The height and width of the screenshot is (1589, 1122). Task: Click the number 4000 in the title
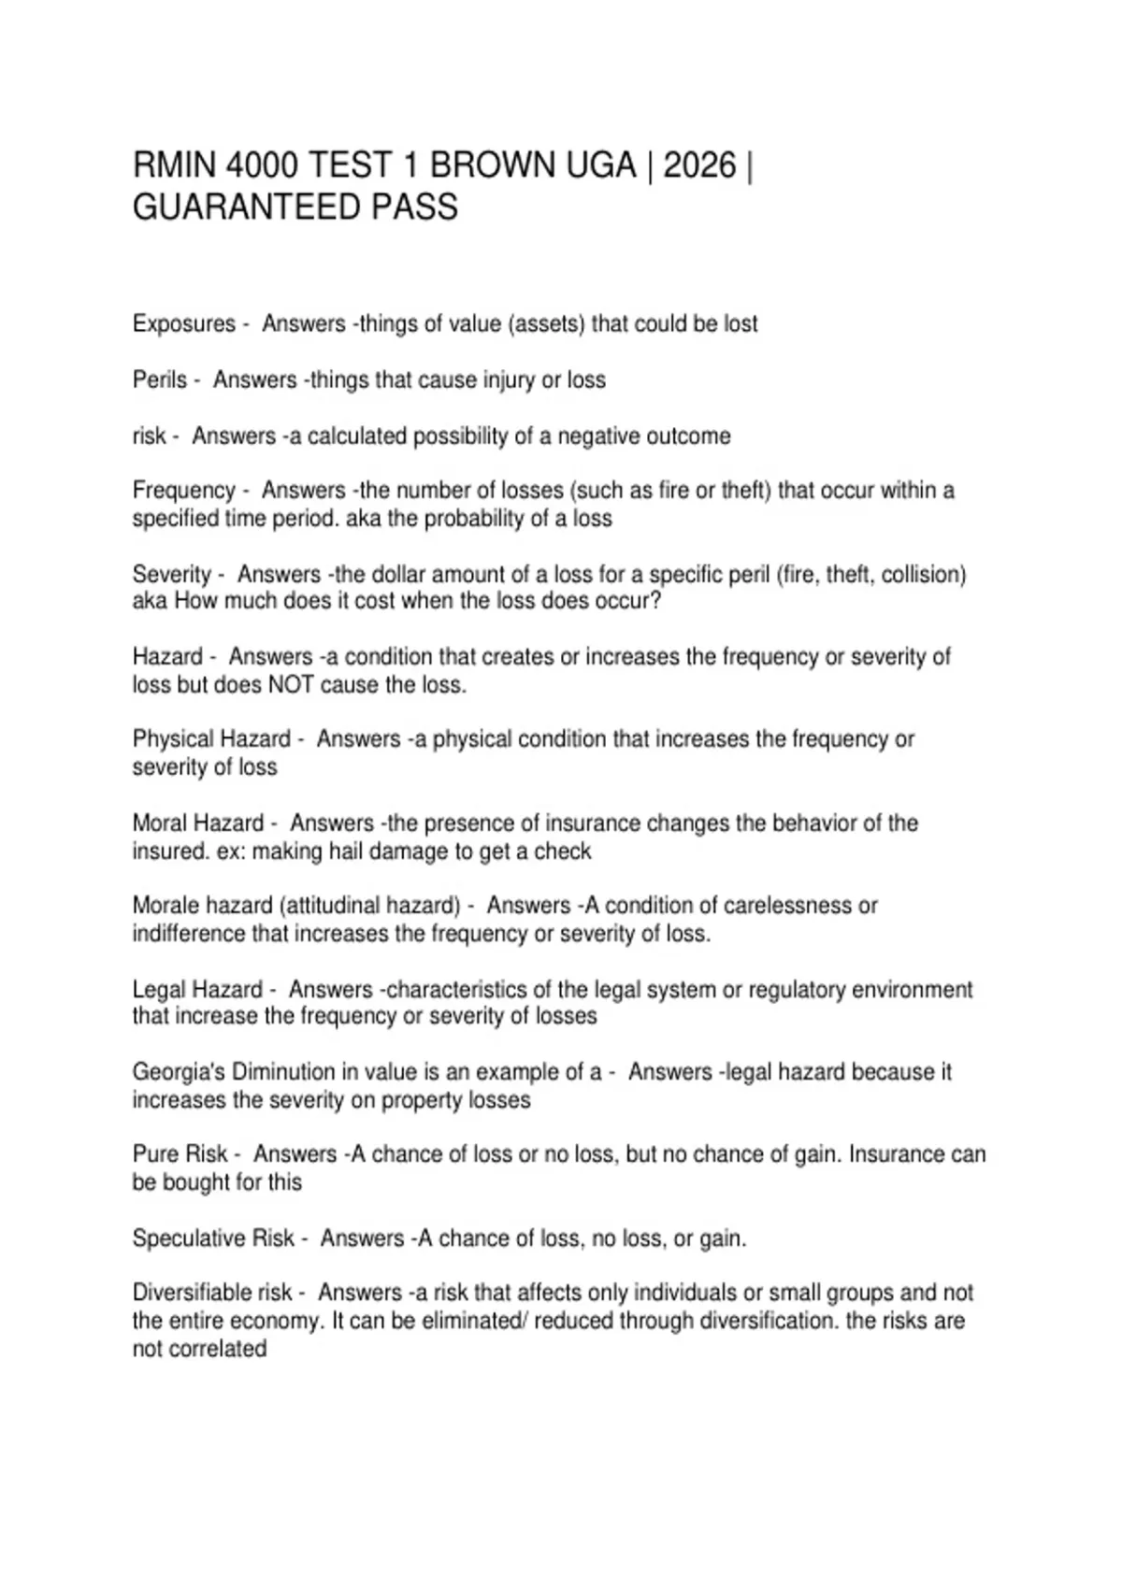[263, 165]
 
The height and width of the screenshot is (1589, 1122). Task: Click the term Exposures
[184, 324]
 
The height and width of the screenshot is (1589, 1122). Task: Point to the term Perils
[160, 380]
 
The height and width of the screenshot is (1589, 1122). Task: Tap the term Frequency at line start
[184, 491]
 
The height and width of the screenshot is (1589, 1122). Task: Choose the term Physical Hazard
[211, 739]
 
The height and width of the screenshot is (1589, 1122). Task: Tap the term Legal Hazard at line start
[197, 989]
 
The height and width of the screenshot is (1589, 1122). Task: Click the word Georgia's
[177, 1072]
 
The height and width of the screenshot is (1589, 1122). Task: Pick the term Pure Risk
[180, 1155]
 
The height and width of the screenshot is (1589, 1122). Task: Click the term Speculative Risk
[213, 1238]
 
